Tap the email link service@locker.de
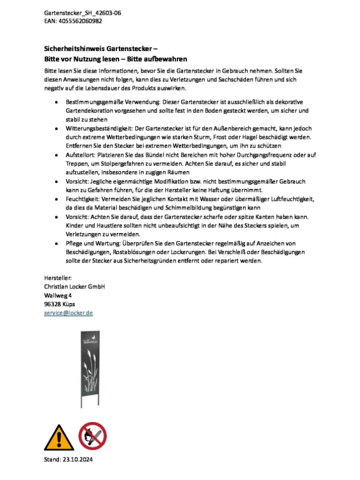pyautogui.click(x=68, y=313)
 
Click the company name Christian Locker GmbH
pyautogui.click(x=75, y=286)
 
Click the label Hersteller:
pyautogui.click(x=58, y=278)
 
